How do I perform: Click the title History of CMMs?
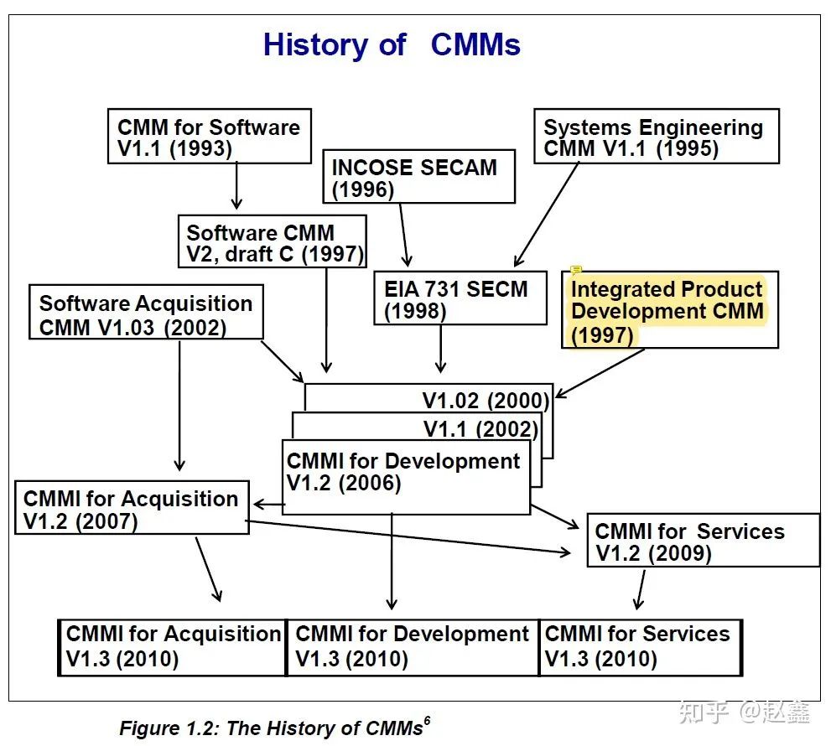(392, 44)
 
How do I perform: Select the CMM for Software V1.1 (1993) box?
(210, 137)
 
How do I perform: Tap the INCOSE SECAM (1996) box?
(418, 177)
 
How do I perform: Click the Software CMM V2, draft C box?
(273, 242)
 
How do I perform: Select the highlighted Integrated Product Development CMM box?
(669, 311)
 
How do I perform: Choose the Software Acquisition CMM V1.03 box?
(146, 314)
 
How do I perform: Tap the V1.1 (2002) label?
(480, 429)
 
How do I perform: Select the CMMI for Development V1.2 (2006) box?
(406, 474)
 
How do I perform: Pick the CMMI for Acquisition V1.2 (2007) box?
(132, 508)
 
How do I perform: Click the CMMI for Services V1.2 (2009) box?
(702, 541)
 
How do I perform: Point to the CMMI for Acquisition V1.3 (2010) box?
(173, 646)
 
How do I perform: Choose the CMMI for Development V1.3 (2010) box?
(413, 646)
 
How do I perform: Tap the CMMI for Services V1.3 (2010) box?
(640, 646)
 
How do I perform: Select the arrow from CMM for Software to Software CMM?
(236, 186)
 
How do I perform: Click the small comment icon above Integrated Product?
(576, 271)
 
